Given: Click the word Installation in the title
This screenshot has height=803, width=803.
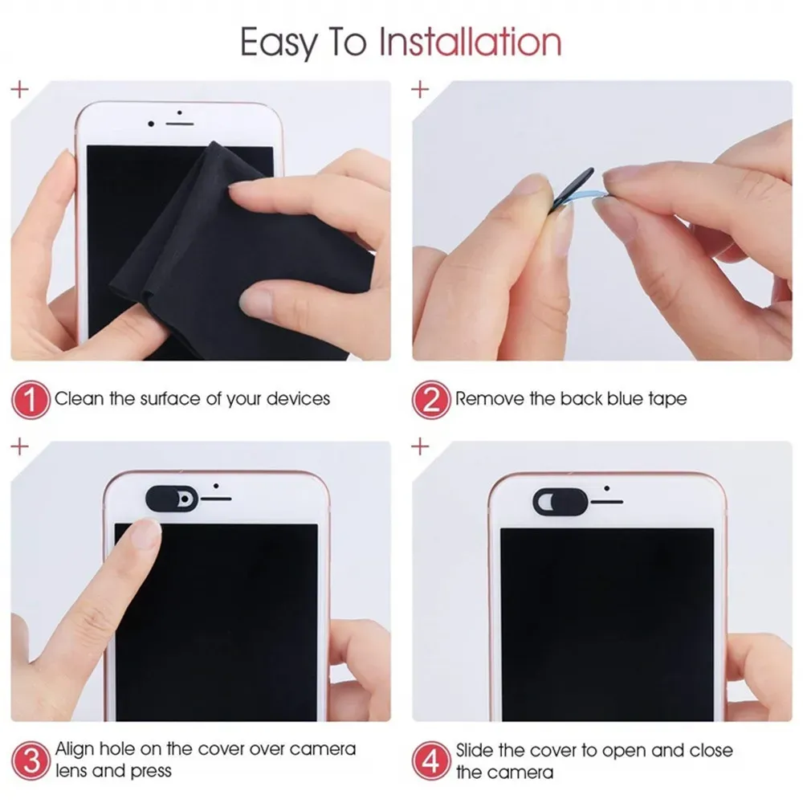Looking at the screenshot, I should [470, 42].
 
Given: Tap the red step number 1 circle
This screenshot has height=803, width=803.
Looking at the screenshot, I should [30, 399].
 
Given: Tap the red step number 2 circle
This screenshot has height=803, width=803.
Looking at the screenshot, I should [431, 399].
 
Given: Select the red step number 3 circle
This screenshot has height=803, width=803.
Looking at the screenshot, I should [30, 759].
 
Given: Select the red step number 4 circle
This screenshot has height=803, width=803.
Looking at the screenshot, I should [431, 759].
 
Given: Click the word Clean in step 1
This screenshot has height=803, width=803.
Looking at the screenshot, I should [78, 398].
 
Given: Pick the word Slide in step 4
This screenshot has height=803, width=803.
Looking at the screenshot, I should [478, 750].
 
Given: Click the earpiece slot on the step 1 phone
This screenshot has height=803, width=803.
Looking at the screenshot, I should [181, 124].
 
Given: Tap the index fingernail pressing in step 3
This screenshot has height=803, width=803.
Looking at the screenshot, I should [146, 533].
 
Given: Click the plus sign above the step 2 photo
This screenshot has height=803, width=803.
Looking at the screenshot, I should [420, 89].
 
